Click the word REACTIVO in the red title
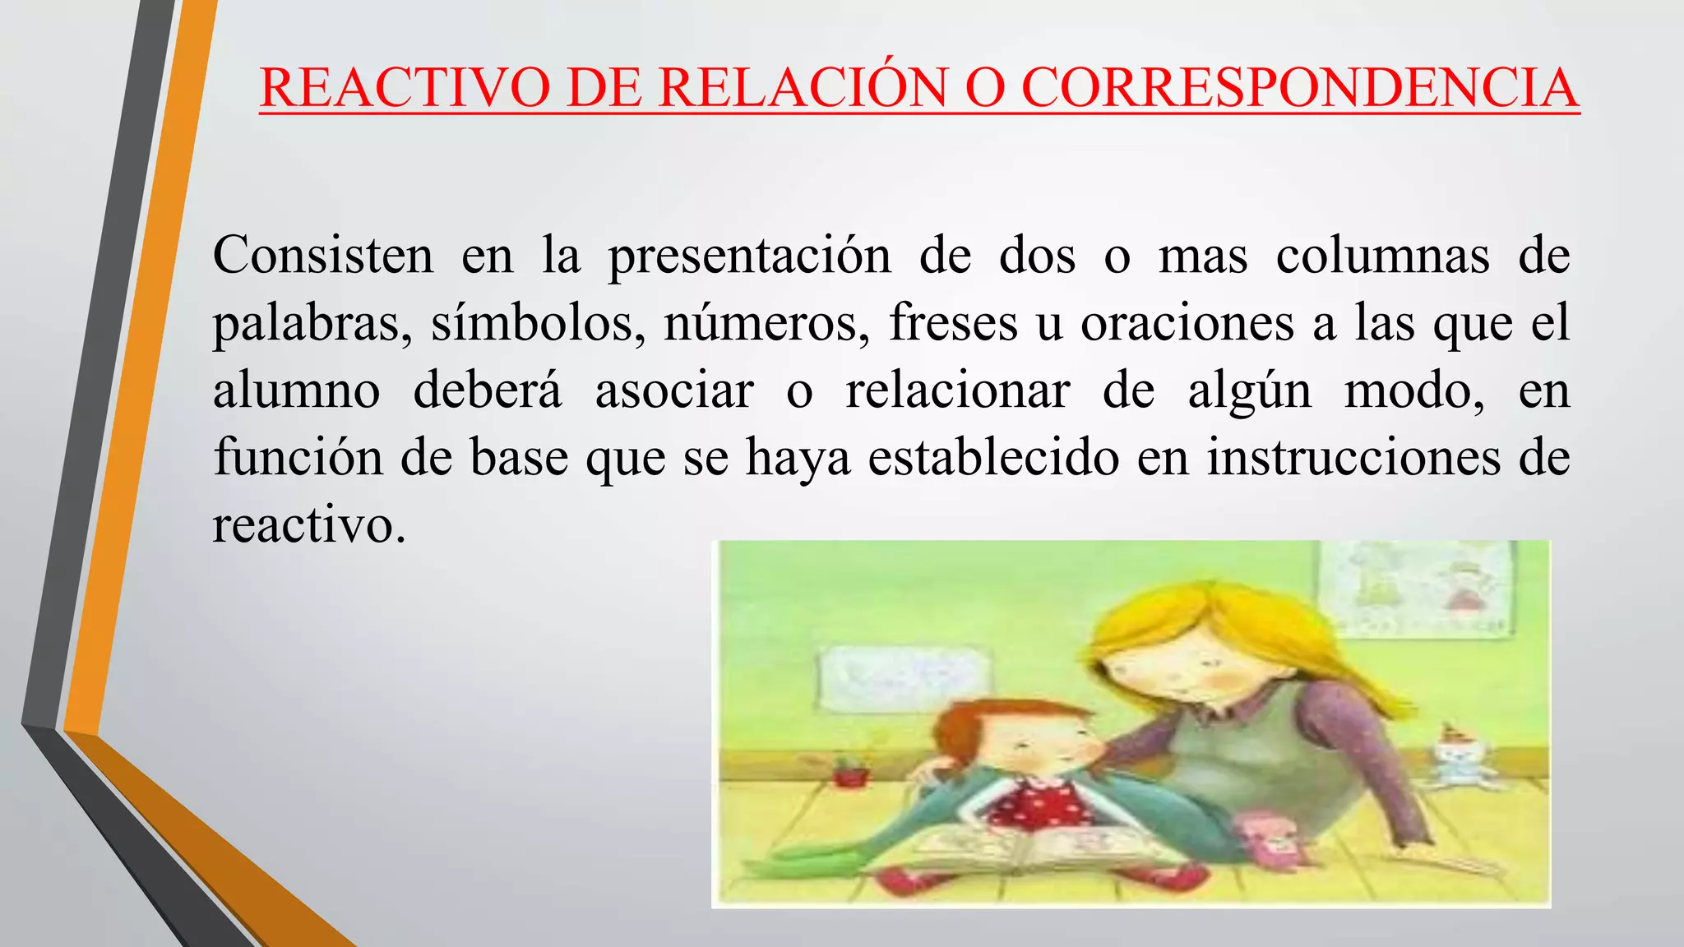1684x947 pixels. click(404, 87)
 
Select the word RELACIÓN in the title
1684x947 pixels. click(803, 87)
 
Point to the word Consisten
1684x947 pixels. click(322, 255)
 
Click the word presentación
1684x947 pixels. click(749, 256)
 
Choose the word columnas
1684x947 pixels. click(1382, 255)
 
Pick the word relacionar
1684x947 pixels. click(957, 390)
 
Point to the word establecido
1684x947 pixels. click(993, 457)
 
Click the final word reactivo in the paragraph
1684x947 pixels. click(309, 524)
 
